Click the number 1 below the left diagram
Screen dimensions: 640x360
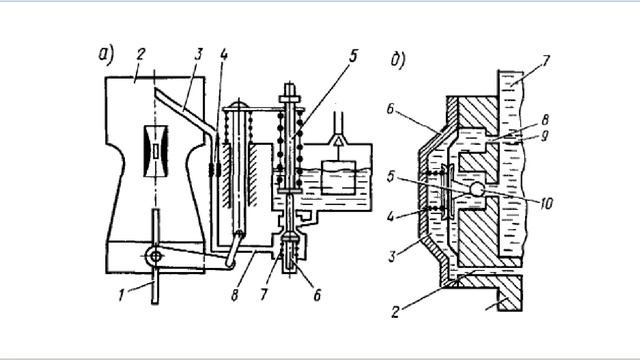(x=122, y=295)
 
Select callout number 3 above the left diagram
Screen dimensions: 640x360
(x=199, y=55)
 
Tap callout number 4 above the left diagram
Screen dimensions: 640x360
(x=223, y=55)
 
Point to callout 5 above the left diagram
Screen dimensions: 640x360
(x=353, y=56)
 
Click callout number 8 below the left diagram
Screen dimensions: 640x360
(x=235, y=295)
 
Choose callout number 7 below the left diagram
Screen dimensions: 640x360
(x=264, y=295)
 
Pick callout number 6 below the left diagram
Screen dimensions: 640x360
(x=317, y=295)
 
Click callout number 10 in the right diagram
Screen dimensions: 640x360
(x=546, y=203)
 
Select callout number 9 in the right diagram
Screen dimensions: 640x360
(x=544, y=136)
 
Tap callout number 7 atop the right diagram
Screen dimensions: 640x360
(x=546, y=61)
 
